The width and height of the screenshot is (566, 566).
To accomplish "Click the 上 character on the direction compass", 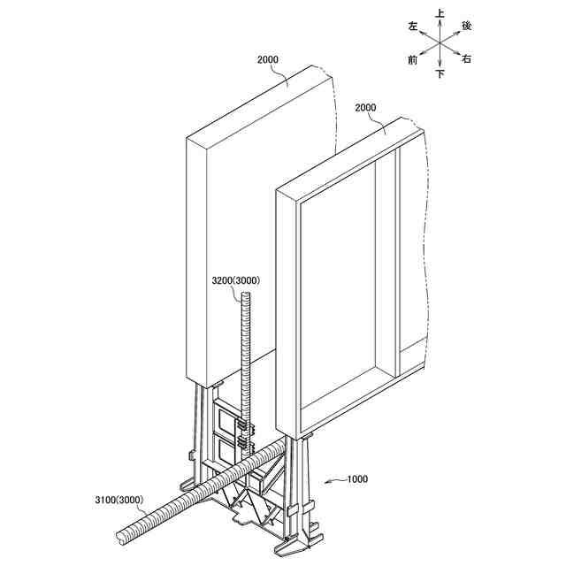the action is tap(440, 13).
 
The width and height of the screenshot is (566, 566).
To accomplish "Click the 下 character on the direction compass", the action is tap(440, 74).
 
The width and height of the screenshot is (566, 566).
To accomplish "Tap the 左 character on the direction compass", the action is tap(413, 27).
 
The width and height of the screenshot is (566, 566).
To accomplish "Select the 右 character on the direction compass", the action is tap(467, 59).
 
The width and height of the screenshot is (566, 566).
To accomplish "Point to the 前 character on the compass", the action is tap(413, 59).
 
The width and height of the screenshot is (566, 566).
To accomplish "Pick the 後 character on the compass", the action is tap(467, 27).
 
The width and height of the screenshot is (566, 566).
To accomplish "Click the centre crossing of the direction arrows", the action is tap(440, 43).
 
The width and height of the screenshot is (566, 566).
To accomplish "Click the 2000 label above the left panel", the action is tap(268, 60).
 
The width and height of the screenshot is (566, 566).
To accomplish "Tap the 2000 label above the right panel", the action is tap(365, 108).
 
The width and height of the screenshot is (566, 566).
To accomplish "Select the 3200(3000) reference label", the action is tap(235, 281).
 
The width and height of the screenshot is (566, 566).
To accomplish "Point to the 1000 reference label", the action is tap(357, 479).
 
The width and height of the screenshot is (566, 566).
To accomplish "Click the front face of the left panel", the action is tap(212, 256).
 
